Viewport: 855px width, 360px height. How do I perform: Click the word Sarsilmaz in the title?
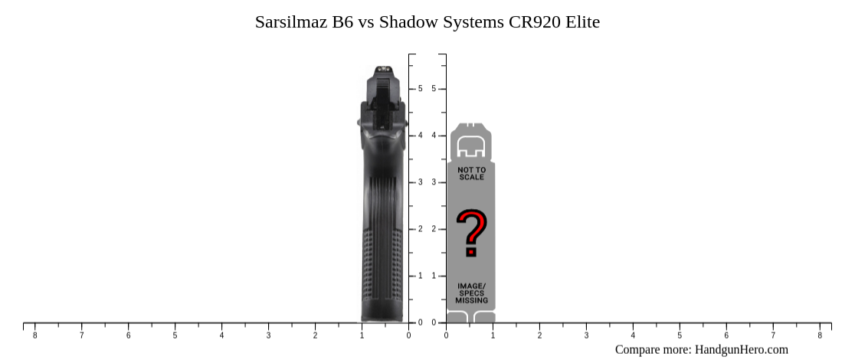pos(291,22)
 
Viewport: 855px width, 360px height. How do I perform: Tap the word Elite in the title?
pos(583,22)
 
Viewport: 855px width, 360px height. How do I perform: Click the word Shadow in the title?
pos(410,22)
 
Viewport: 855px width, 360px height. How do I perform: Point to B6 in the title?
pos(342,22)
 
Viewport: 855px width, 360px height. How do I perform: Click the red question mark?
pos(471,233)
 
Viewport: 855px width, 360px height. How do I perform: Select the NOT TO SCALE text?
pos(471,173)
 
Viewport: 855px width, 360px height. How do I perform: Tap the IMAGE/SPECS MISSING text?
pos(471,293)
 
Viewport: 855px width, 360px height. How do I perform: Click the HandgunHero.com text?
pos(741,349)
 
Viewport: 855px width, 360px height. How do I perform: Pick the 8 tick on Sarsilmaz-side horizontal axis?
pos(34,335)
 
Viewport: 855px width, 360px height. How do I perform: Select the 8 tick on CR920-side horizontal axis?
pos(820,335)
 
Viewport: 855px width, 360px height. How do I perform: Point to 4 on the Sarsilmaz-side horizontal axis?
pos(221,335)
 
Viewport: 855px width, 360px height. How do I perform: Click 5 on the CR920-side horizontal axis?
pos(680,335)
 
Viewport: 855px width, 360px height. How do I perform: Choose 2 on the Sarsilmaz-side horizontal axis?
pos(315,335)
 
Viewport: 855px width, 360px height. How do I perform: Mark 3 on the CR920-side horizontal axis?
pos(586,335)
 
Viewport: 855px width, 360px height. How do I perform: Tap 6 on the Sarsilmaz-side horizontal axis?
pos(128,335)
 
